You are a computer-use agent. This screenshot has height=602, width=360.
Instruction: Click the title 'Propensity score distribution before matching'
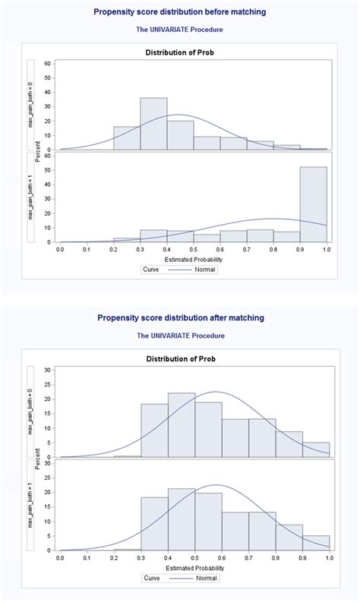click(x=180, y=13)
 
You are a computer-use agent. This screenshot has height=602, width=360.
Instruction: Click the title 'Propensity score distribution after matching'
click(x=180, y=317)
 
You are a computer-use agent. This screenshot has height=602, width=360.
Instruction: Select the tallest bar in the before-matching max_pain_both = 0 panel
click(x=153, y=124)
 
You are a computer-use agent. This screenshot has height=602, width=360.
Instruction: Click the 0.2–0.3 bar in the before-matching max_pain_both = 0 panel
click(x=127, y=138)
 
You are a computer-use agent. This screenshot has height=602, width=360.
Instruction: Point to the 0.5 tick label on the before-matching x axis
click(x=194, y=249)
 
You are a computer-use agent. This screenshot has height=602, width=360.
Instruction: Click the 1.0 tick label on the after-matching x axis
click(x=329, y=558)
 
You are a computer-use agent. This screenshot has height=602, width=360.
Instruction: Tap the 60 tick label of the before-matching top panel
click(x=48, y=63)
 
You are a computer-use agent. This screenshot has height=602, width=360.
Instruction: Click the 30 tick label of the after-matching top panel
click(x=48, y=370)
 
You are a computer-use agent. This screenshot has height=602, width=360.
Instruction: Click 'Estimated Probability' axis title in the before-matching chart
click(x=194, y=259)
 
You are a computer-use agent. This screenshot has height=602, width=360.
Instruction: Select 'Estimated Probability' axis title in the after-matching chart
click(x=194, y=568)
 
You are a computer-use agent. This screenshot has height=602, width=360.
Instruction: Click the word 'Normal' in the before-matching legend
click(x=205, y=269)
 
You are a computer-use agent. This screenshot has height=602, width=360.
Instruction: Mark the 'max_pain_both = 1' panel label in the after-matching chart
click(x=31, y=505)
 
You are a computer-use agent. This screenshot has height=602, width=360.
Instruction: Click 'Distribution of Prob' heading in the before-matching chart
click(x=180, y=52)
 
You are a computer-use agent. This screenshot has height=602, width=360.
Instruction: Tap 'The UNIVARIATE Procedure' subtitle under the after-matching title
click(x=180, y=335)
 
